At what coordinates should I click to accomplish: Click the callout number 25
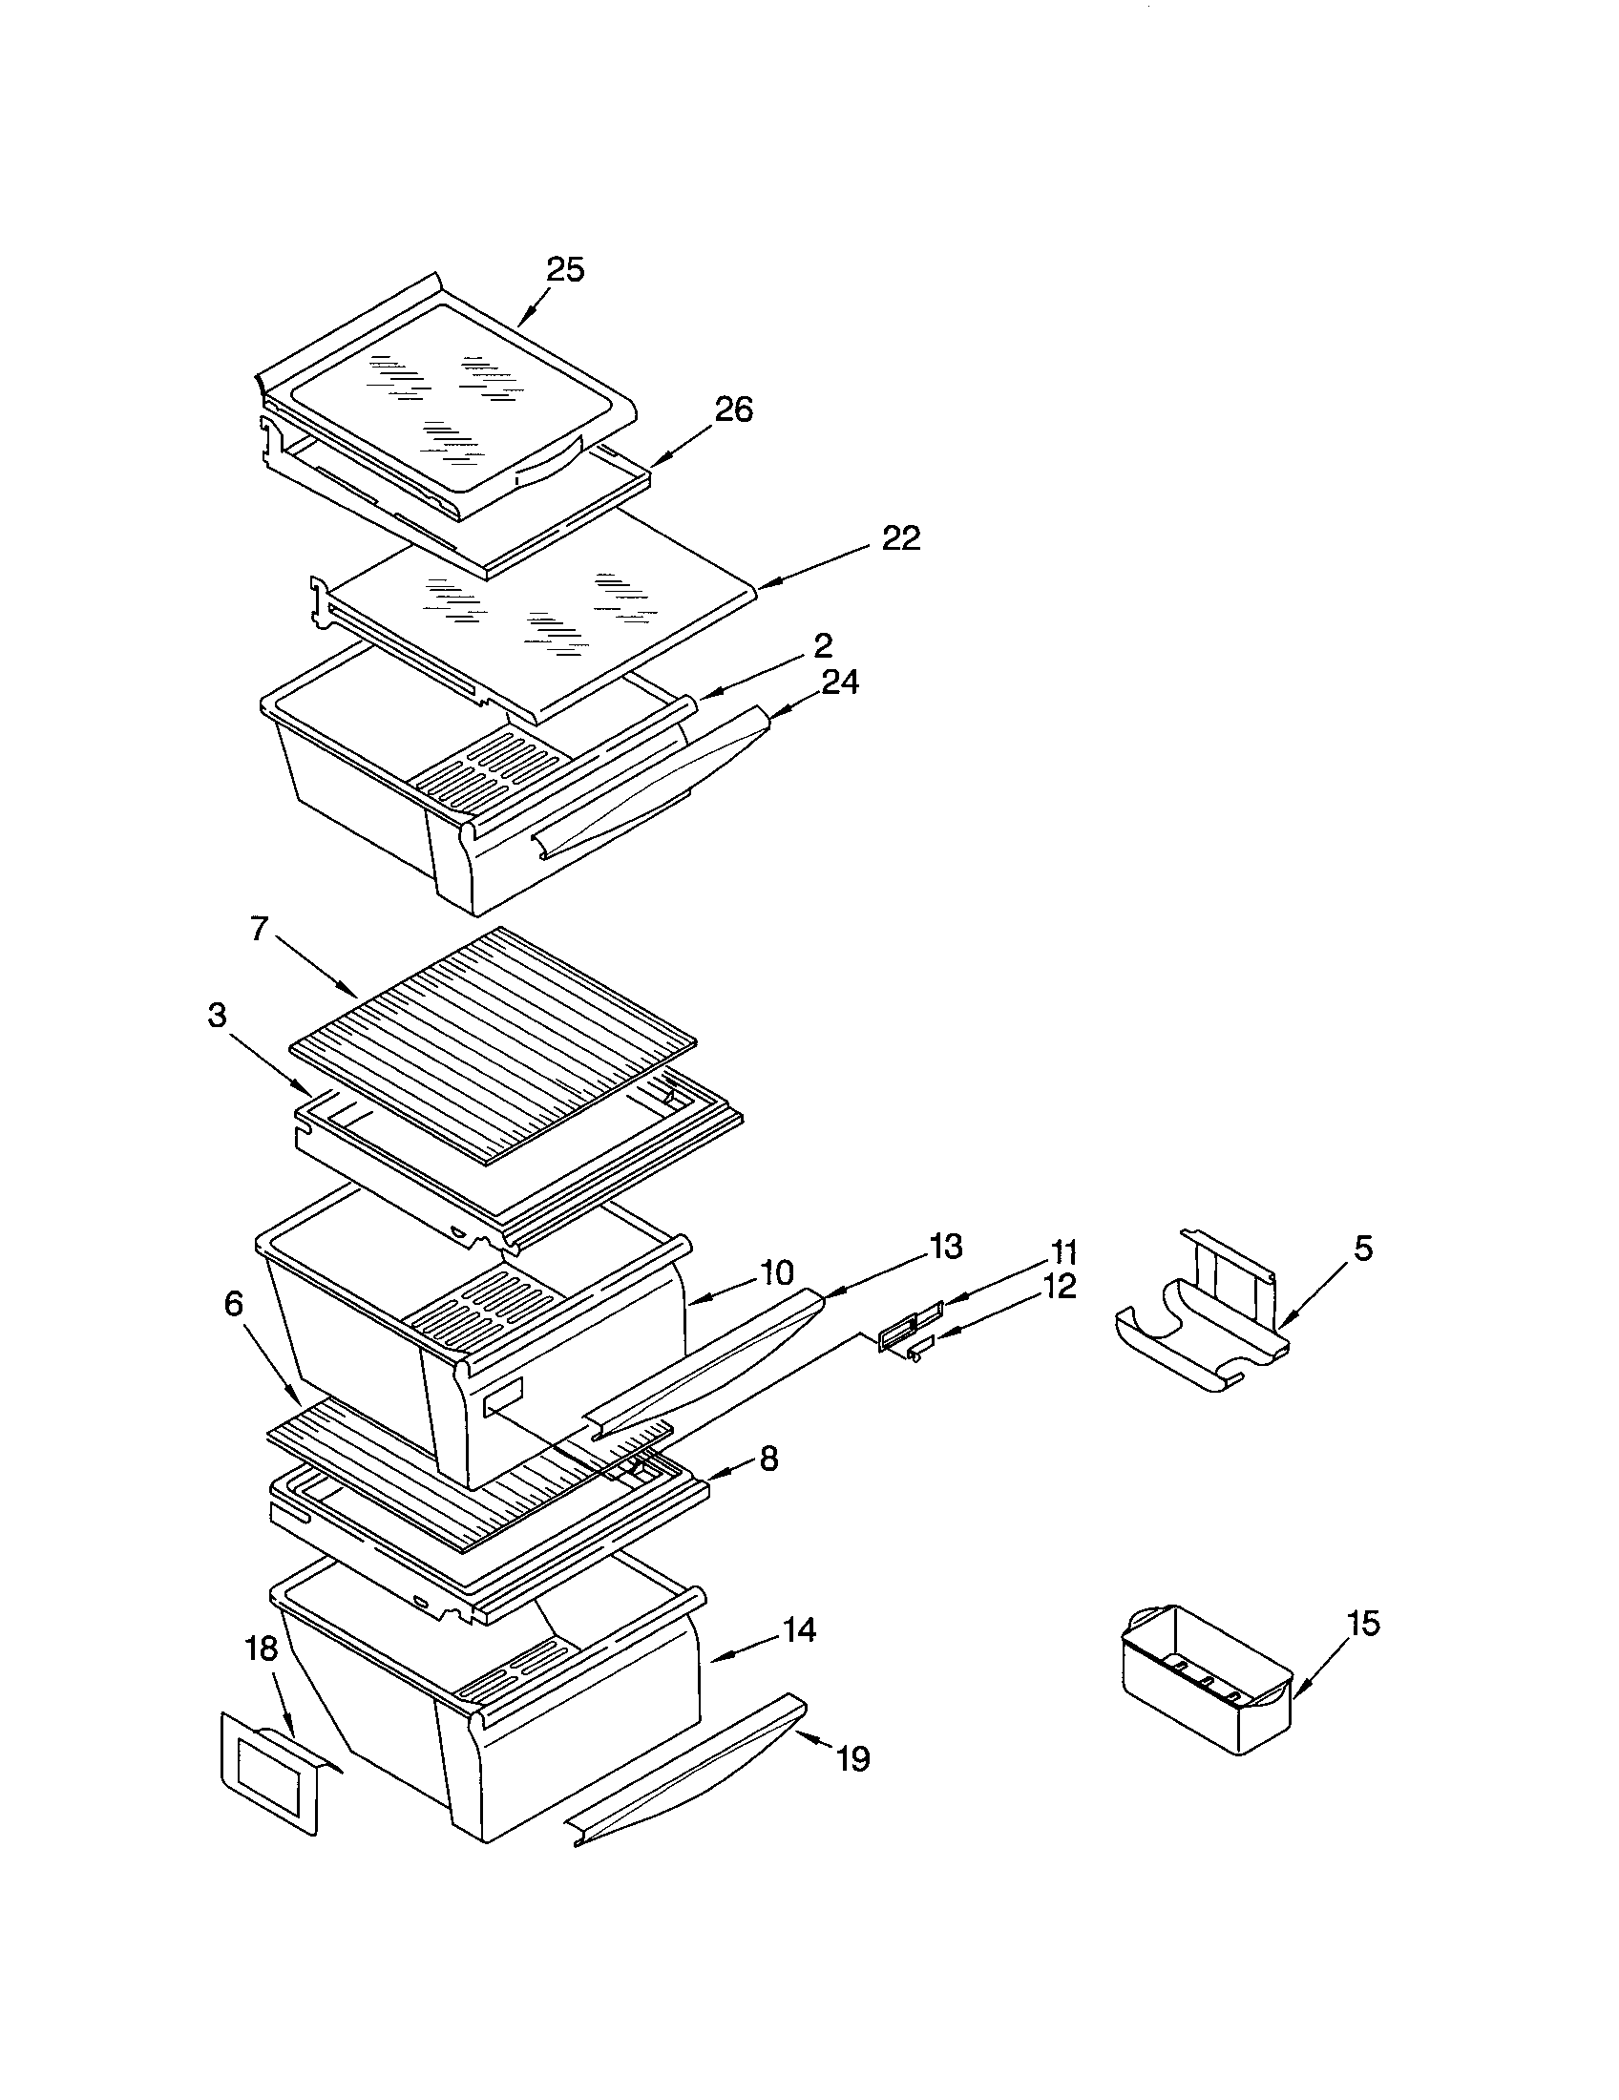pyautogui.click(x=565, y=270)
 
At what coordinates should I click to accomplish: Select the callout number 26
pyautogui.click(x=732, y=409)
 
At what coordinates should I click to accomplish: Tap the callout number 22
pyautogui.click(x=901, y=538)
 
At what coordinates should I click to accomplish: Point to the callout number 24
pyautogui.click(x=839, y=682)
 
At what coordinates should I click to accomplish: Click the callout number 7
pyautogui.click(x=260, y=929)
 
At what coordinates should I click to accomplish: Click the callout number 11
pyautogui.click(x=1063, y=1253)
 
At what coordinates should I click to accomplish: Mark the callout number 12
pyautogui.click(x=1058, y=1286)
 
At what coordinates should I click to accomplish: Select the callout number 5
pyautogui.click(x=1362, y=1249)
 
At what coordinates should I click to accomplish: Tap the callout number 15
pyautogui.click(x=1362, y=1623)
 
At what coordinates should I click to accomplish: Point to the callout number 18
pyautogui.click(x=262, y=1648)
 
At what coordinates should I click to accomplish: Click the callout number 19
pyautogui.click(x=852, y=1758)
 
